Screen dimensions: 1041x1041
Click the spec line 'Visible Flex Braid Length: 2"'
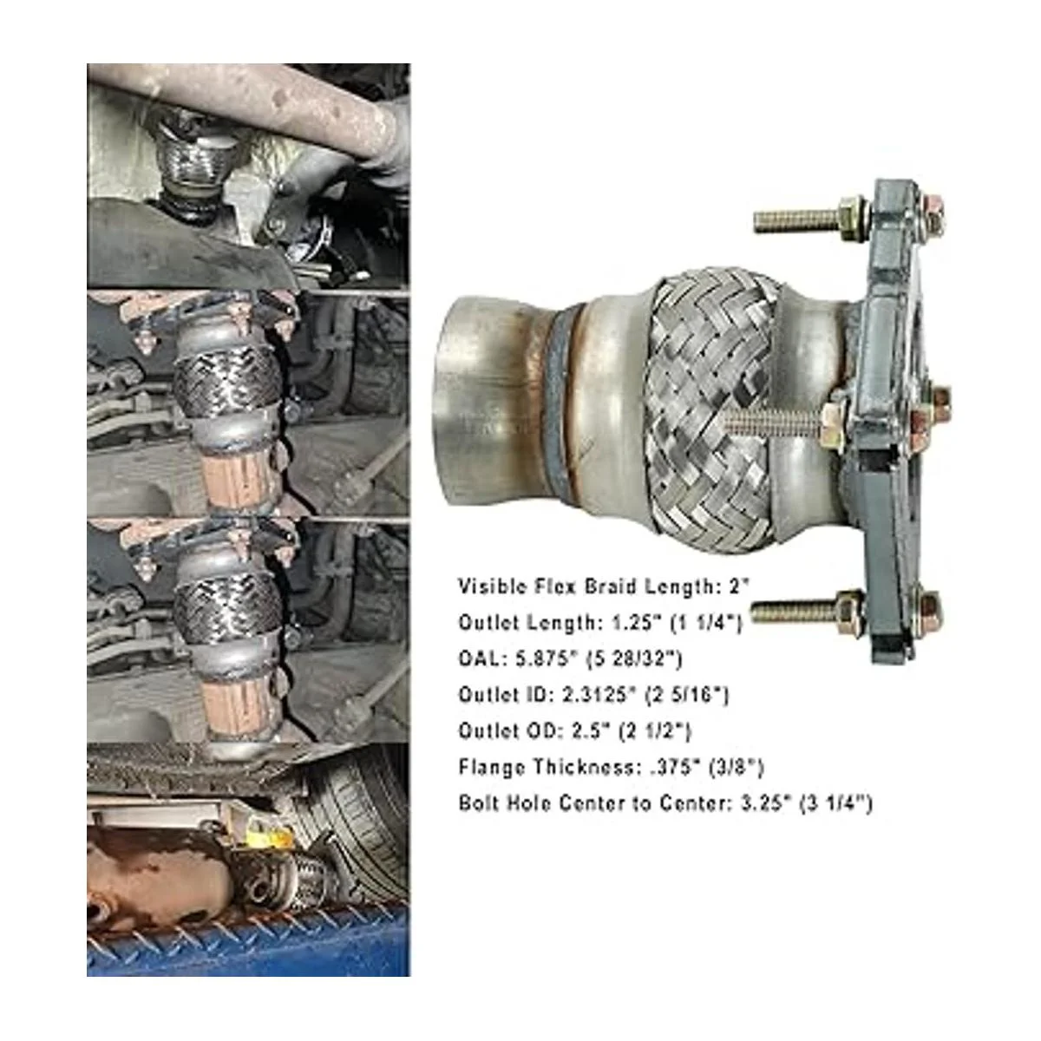605,586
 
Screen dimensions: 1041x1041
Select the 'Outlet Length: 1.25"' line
600,623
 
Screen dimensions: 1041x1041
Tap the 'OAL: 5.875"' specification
571,659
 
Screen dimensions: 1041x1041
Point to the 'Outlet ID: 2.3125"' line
593,695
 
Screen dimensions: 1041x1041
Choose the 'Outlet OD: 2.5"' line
575,731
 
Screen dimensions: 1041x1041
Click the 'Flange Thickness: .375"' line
611,767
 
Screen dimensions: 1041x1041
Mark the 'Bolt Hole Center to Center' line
665,803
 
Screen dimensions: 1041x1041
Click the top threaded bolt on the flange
810,219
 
